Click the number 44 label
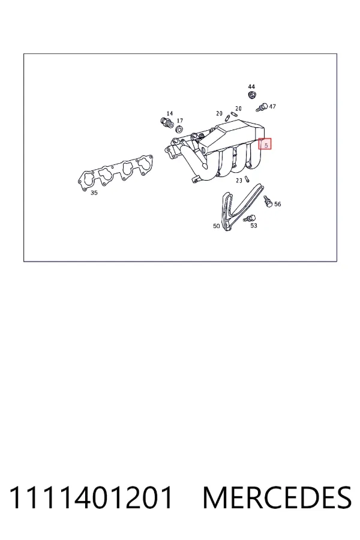(x=251, y=86)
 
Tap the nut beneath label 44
(x=252, y=94)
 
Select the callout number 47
(x=272, y=106)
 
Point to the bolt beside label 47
(x=262, y=107)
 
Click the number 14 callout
(x=169, y=113)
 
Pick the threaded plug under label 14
(x=166, y=122)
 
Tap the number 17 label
(x=180, y=121)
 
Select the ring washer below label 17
(x=179, y=130)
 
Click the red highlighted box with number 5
(x=265, y=144)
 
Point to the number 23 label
(x=239, y=181)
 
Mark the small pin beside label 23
(x=247, y=179)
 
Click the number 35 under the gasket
(x=94, y=193)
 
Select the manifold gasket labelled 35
(x=115, y=173)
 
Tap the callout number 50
(x=217, y=226)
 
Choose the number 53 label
(x=254, y=226)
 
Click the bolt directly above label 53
(x=250, y=218)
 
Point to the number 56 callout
(x=278, y=204)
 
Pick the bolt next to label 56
(x=268, y=201)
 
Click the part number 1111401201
(x=91, y=497)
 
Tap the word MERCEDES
(x=277, y=497)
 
